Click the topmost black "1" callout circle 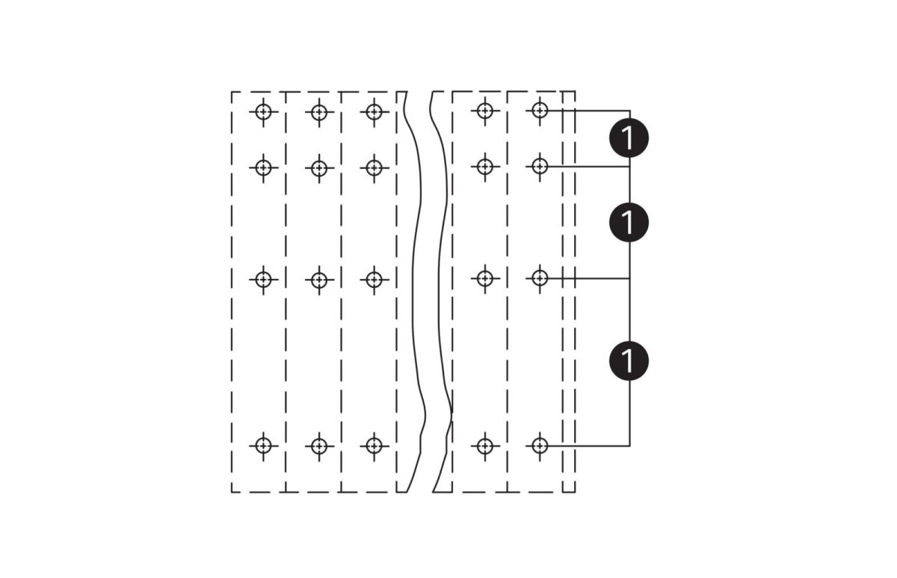point(629,138)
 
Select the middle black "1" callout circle point(629,222)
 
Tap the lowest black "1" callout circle point(629,360)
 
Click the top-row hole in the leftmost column point(263,112)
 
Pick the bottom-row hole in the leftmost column point(263,446)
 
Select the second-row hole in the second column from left point(319,168)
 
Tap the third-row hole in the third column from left point(374,280)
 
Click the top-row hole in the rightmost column point(540,110)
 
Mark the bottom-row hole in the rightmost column point(540,446)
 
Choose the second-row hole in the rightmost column point(540,166)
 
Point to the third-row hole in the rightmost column point(540,278)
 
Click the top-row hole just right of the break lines point(485,111)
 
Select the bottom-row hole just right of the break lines point(485,446)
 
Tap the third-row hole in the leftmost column point(263,280)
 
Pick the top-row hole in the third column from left point(374,112)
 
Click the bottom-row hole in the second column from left point(319,446)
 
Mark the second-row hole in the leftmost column point(263,168)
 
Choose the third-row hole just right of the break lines point(485,278)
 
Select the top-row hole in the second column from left point(319,112)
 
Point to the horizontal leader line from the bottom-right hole point(588,446)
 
